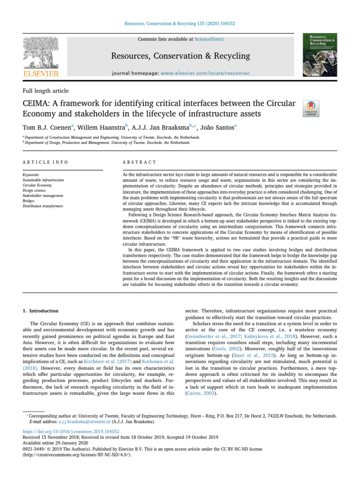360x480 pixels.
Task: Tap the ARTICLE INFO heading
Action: click(x=45, y=162)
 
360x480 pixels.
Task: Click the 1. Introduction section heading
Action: click(x=41, y=311)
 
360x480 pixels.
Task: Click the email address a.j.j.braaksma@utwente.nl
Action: click(x=80, y=421)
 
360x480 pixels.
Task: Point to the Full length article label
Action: click(x=45, y=90)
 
